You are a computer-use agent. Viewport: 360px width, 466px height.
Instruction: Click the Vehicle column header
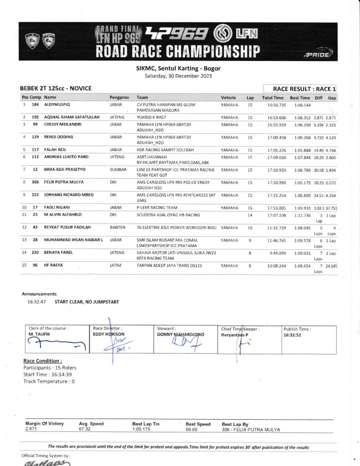tap(228, 98)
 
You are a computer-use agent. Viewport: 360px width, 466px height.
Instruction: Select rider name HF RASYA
tap(54, 265)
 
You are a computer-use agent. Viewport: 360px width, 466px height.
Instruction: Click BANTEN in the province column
tap(117, 227)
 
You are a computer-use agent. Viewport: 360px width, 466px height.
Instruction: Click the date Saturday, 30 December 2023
tap(178, 76)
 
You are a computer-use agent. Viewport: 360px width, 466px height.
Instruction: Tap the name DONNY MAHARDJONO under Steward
tap(180, 334)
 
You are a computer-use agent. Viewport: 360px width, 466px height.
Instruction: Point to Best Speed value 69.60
tap(191, 429)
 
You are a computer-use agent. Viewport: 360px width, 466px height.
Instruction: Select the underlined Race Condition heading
tap(42, 361)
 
